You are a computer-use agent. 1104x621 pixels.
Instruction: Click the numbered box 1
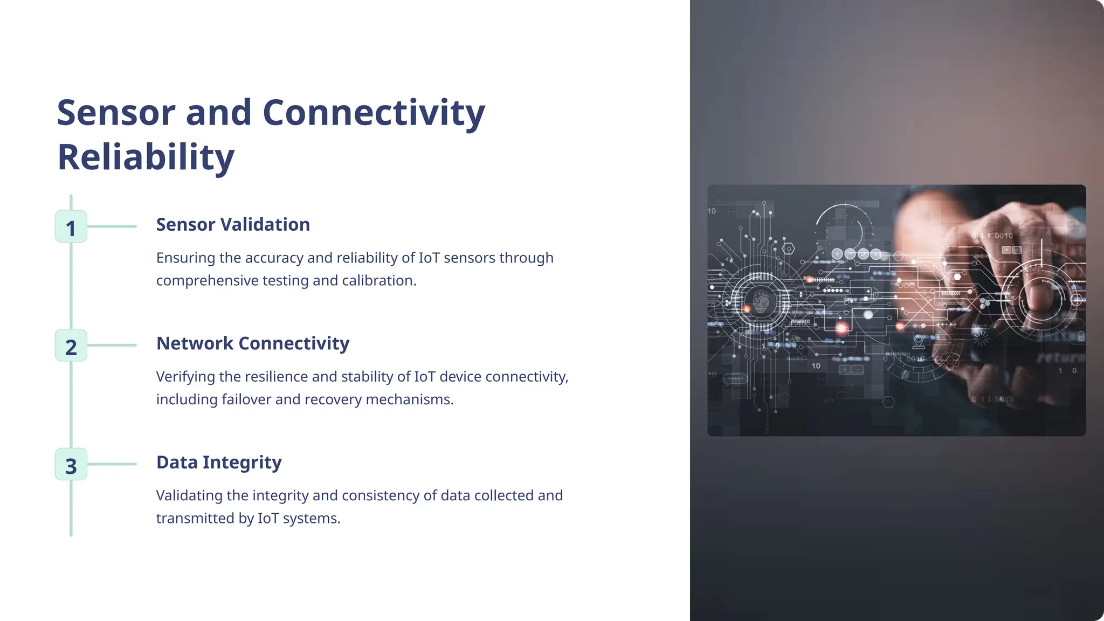[x=71, y=227]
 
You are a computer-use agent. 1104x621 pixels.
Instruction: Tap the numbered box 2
[x=71, y=346]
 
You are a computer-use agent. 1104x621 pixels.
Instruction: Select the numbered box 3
[x=71, y=465]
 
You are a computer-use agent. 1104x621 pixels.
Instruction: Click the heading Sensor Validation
[x=233, y=225]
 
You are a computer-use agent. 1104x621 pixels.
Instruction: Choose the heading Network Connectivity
[x=253, y=343]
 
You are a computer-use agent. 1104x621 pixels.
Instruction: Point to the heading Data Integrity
[x=219, y=463]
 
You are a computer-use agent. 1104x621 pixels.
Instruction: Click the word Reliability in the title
[x=146, y=157]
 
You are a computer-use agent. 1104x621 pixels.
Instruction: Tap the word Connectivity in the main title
[x=374, y=113]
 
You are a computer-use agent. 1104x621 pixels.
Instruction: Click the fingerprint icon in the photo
[x=761, y=301]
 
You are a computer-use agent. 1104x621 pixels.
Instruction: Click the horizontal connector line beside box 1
[x=112, y=226]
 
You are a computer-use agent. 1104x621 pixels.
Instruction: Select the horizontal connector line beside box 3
[x=112, y=464]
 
